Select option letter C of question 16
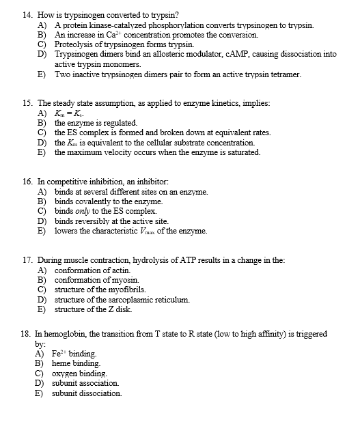click(x=41, y=212)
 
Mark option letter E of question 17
click(x=41, y=310)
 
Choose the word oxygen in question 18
click(x=66, y=374)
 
